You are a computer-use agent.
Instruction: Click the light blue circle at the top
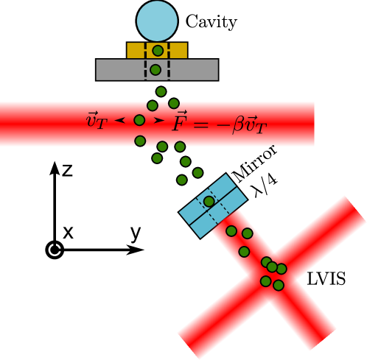[157, 21]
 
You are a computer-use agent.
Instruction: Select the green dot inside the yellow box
[158, 51]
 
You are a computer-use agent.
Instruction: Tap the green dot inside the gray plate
[155, 70]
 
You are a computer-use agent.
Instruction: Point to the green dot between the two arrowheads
[139, 120]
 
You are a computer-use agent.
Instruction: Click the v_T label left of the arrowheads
[97, 121]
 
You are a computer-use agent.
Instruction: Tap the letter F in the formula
[179, 122]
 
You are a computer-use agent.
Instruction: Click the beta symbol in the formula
[238, 125]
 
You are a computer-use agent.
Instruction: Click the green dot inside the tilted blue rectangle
[209, 202]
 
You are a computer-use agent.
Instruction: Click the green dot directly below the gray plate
[161, 92]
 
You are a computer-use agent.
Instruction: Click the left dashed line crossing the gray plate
[145, 69]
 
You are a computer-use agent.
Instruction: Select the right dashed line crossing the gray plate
[169, 69]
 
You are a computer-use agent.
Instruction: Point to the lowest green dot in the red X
[279, 286]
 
